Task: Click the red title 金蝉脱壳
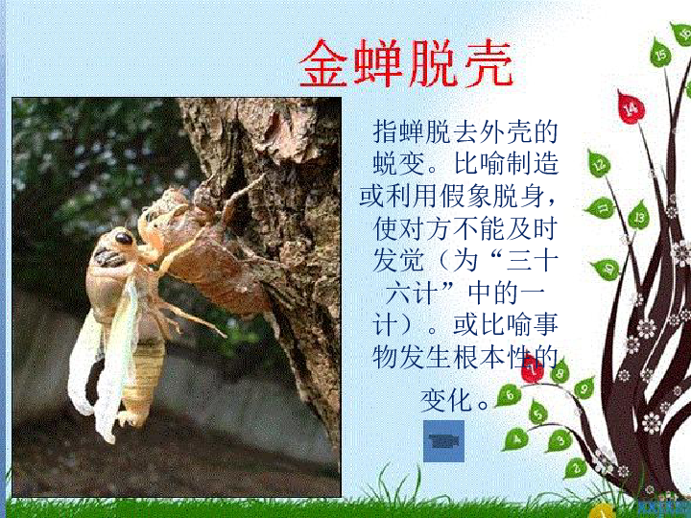pos(407,64)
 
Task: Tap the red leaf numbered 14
pos(630,107)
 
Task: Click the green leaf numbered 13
pos(638,217)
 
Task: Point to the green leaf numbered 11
pos(601,206)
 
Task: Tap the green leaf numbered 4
pos(516,438)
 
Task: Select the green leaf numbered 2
pos(576,467)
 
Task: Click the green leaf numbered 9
pos(584,387)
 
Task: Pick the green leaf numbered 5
pos(539,412)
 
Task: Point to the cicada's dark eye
pos(124,237)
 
